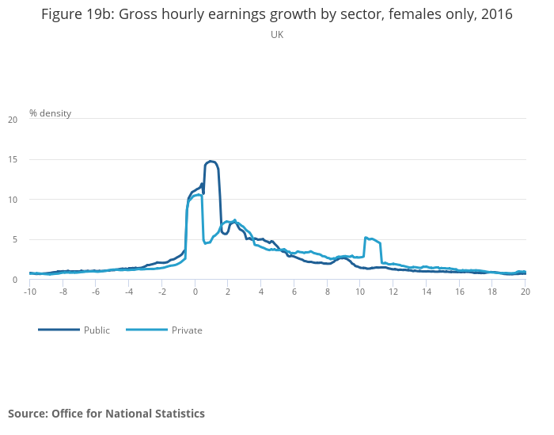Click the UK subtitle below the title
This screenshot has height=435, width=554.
[x=276, y=35]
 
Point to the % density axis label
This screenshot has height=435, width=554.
[x=50, y=113]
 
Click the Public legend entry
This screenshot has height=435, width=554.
[x=97, y=330]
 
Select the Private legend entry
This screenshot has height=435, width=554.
[x=187, y=330]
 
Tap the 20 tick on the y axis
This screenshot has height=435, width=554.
[x=12, y=120]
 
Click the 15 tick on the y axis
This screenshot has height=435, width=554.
[x=12, y=160]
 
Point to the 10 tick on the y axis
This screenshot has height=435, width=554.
[x=12, y=200]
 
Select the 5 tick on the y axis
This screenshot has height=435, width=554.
[x=14, y=240]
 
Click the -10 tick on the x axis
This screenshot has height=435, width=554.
[x=30, y=292]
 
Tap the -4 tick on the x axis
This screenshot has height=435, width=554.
[x=129, y=292]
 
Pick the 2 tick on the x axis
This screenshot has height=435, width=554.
[x=228, y=292]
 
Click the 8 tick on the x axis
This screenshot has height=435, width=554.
[x=327, y=292]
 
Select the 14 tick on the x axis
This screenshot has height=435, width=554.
[x=426, y=292]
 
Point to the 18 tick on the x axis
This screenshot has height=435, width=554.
[x=492, y=292]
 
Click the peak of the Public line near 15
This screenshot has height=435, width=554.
[x=211, y=162]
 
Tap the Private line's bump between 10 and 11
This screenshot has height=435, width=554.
[x=370, y=238]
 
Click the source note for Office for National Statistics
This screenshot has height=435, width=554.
[x=106, y=414]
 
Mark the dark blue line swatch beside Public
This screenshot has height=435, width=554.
[x=59, y=330]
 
